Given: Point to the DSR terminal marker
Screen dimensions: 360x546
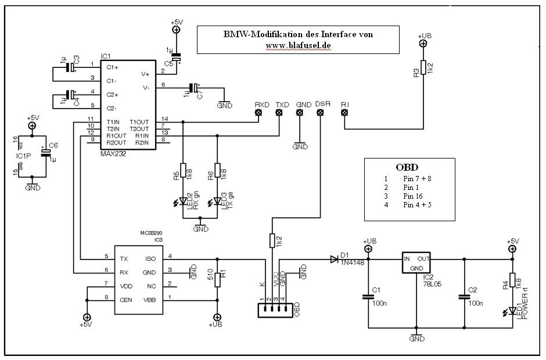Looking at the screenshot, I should (x=320, y=113).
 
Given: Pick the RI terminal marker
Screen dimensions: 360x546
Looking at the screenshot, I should (x=344, y=113).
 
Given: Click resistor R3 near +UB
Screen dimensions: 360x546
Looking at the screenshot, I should (x=424, y=68).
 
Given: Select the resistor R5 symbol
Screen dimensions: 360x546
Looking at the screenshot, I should (x=183, y=170).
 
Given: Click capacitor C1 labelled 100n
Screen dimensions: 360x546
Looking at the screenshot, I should (x=368, y=297).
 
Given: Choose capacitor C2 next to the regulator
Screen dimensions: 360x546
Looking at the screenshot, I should (x=465, y=297).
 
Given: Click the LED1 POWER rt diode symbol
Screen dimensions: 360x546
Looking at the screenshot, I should (x=512, y=313).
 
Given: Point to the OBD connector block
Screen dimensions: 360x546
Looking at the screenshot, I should (x=272, y=311).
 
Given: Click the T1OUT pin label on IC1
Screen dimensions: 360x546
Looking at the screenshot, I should (x=139, y=121).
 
